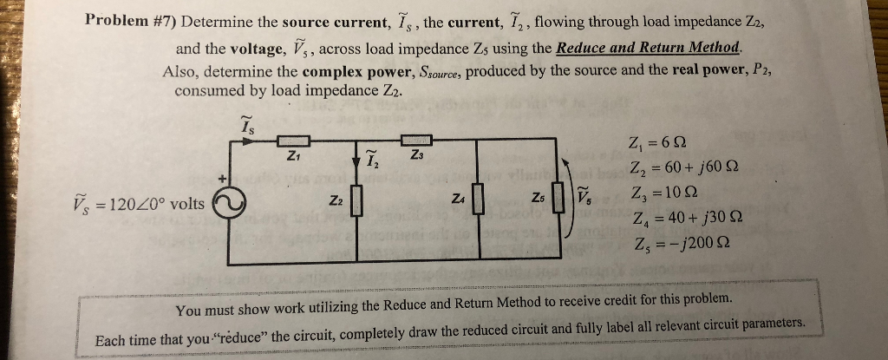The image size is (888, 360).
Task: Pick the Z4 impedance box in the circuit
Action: click(x=476, y=206)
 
